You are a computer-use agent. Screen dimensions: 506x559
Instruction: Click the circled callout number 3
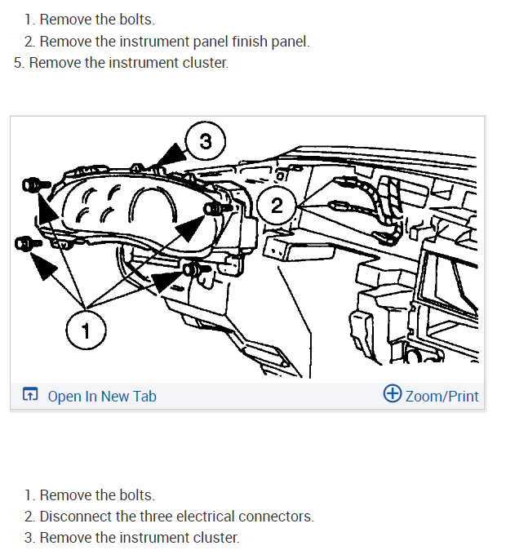pyautogui.click(x=206, y=141)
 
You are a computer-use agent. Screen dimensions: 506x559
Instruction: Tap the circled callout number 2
pyautogui.click(x=277, y=206)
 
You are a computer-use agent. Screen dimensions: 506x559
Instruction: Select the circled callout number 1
pyautogui.click(x=86, y=331)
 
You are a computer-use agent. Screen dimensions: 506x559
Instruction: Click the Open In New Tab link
pyautogui.click(x=102, y=396)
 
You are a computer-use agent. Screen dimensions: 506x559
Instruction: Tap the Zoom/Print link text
pyautogui.click(x=442, y=396)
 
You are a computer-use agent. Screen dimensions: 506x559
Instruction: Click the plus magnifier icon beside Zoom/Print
pyautogui.click(x=393, y=393)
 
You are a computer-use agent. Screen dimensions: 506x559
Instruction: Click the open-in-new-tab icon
pyautogui.click(x=30, y=393)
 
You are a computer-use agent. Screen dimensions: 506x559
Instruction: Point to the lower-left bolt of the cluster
pyautogui.click(x=28, y=243)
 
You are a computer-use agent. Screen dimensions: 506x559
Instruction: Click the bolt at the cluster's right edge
pyautogui.click(x=218, y=209)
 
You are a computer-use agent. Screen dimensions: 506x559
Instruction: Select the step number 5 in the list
pyautogui.click(x=19, y=63)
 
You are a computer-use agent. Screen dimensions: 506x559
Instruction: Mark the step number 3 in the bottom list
pyautogui.click(x=29, y=538)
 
